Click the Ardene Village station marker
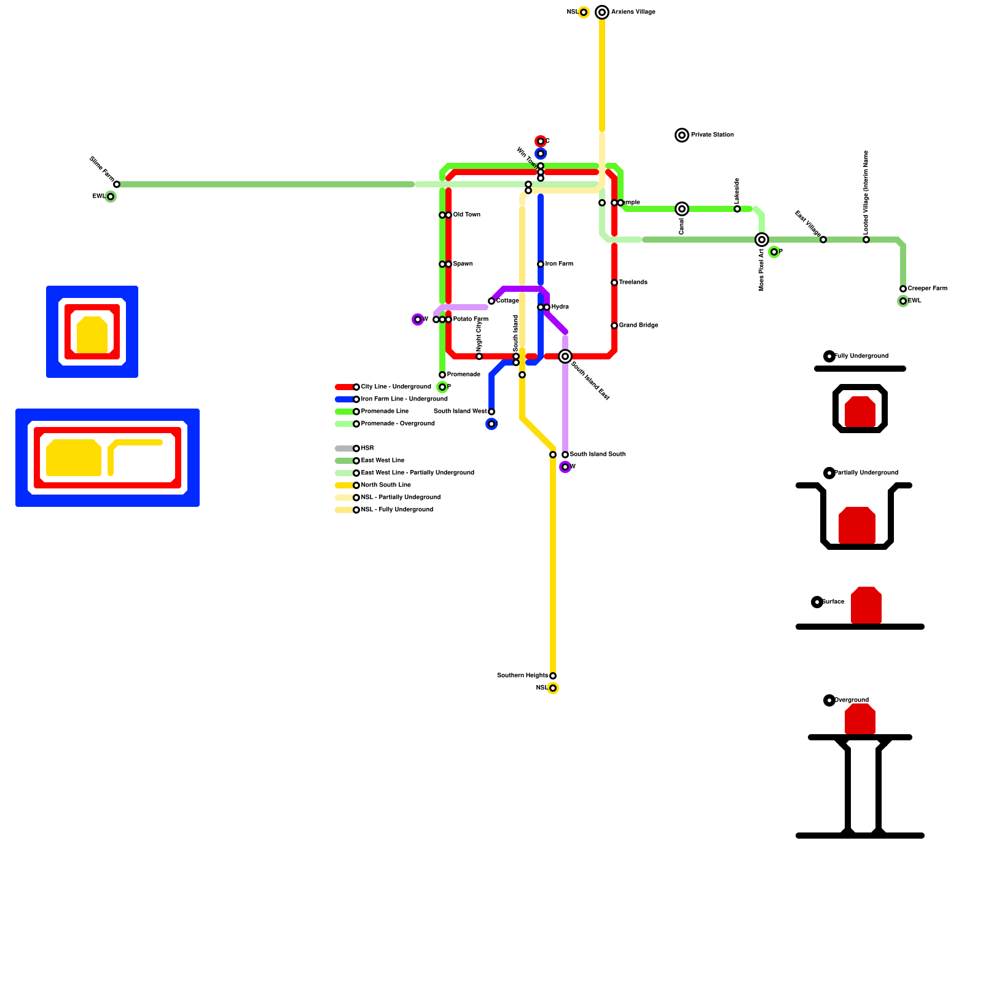(x=602, y=12)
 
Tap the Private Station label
(x=712, y=135)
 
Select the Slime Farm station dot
(x=117, y=184)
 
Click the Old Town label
(x=467, y=215)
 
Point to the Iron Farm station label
(x=559, y=264)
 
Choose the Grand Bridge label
(x=638, y=326)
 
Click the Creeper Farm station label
(x=927, y=289)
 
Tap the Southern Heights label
(x=522, y=676)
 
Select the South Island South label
(x=597, y=455)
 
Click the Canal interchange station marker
(x=682, y=209)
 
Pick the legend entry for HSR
(x=367, y=448)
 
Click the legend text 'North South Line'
(x=386, y=485)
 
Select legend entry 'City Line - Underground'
(x=396, y=387)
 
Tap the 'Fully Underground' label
(x=861, y=356)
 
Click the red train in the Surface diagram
(x=866, y=605)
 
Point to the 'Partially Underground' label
(x=866, y=473)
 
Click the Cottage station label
(x=507, y=301)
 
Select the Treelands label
(x=633, y=283)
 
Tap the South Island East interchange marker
(x=565, y=356)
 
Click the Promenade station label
(x=463, y=375)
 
